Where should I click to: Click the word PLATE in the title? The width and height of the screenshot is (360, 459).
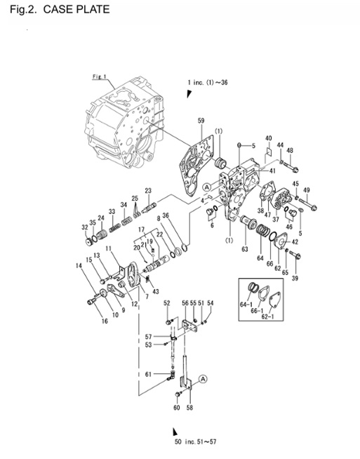89,10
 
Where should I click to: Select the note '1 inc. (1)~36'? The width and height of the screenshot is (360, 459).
208,83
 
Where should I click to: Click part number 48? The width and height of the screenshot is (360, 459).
289,150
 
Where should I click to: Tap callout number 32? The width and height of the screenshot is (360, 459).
84,227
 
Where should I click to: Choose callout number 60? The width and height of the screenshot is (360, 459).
176,408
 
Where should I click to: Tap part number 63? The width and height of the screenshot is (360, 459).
245,248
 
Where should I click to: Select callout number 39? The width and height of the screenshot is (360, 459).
294,279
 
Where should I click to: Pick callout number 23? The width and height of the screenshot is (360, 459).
148,191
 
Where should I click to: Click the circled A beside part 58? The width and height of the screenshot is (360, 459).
204,378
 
